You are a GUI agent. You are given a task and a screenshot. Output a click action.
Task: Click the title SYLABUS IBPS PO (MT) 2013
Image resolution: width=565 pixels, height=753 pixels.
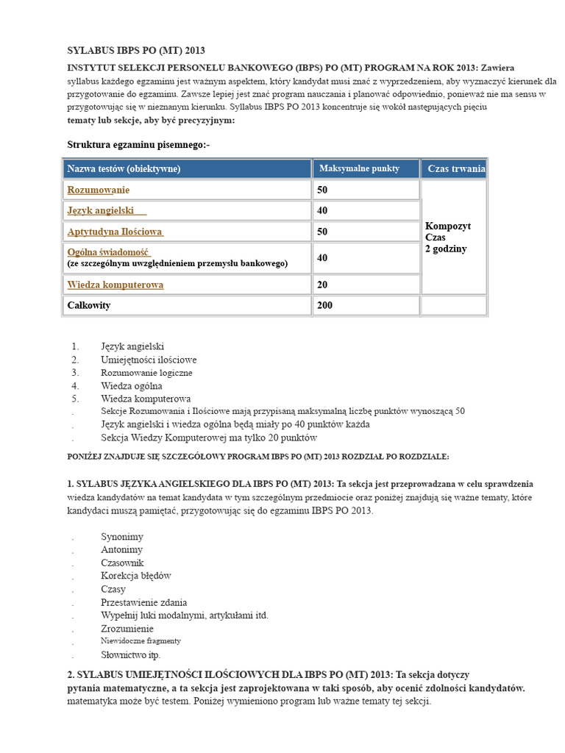coord(136,51)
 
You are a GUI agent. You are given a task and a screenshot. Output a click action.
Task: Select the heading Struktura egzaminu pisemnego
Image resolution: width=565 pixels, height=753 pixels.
coord(138,145)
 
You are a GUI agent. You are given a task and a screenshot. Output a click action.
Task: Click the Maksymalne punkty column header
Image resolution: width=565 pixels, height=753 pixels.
coord(359,169)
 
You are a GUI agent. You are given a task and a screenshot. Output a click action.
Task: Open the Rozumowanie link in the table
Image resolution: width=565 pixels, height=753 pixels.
coord(93,190)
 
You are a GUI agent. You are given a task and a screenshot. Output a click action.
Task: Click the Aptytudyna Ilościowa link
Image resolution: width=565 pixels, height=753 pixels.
coord(115,232)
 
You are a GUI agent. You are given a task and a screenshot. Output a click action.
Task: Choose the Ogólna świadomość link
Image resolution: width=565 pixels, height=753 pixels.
coord(108,251)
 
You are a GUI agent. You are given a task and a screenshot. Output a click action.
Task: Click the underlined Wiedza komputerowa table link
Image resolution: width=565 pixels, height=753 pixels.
coord(116,285)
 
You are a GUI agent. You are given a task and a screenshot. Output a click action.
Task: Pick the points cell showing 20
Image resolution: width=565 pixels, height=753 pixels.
coord(322,285)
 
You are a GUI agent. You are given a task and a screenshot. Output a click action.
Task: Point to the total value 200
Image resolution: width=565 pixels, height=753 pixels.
coord(325,305)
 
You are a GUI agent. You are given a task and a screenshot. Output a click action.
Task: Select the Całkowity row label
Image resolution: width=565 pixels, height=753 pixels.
coord(89,305)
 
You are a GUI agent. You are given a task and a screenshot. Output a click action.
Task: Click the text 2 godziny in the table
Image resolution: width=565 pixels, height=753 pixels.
coord(446,249)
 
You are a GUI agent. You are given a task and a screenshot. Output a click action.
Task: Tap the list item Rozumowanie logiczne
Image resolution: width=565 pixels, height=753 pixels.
coord(146,373)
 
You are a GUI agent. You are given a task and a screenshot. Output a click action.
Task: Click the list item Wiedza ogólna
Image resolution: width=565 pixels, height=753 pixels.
coord(132,385)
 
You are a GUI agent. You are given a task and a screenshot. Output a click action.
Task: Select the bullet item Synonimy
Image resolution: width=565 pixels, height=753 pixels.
coord(122,537)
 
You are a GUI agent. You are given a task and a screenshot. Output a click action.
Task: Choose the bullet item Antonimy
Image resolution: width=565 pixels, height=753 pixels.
coord(122,550)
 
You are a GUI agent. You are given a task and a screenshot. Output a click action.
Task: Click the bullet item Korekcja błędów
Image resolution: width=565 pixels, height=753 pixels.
coord(136,576)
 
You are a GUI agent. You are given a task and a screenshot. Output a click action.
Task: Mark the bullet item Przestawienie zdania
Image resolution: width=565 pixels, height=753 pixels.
coord(144,602)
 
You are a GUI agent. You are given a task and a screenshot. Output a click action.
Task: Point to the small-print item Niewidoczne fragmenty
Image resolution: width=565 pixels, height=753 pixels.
coord(141,641)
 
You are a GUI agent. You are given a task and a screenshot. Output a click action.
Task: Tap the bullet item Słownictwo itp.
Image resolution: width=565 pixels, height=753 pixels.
coord(130,654)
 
